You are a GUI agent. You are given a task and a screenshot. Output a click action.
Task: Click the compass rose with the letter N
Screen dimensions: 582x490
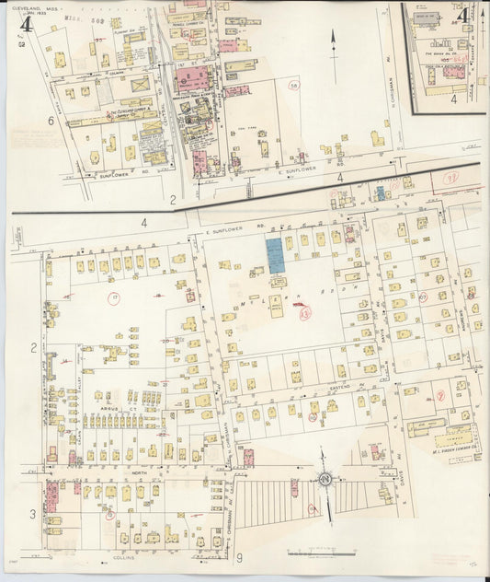click(325, 479)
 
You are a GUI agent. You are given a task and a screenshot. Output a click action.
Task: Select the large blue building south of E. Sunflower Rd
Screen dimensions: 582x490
click(275, 255)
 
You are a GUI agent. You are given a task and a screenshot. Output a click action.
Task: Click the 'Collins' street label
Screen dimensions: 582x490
click(124, 557)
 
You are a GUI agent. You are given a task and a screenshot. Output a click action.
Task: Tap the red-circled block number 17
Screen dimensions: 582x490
click(114, 297)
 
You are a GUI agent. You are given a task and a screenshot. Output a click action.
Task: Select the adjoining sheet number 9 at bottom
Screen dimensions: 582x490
click(238, 557)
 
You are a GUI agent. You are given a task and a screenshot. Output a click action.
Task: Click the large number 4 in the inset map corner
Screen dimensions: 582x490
click(464, 15)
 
